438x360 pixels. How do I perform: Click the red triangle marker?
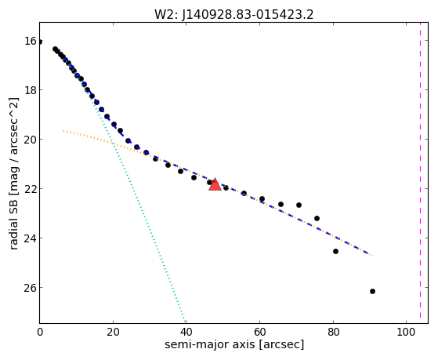click(x=215, y=184)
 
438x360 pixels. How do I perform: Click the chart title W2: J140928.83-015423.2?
click(x=234, y=15)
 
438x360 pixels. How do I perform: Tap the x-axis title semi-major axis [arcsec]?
click(x=234, y=344)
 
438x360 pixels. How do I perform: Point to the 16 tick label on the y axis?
click(x=31, y=41)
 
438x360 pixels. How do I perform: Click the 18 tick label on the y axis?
click(x=31, y=90)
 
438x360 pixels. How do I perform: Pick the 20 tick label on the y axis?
click(x=31, y=140)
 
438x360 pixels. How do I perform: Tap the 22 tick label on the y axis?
click(x=31, y=189)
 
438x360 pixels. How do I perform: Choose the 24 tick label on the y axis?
click(x=31, y=238)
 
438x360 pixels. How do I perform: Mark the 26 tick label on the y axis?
click(x=31, y=288)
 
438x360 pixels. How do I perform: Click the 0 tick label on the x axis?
click(x=40, y=332)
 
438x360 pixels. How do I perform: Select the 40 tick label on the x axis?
click(x=186, y=332)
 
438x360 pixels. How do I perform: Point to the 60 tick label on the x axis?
click(x=260, y=332)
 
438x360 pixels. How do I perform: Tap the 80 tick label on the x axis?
click(x=333, y=332)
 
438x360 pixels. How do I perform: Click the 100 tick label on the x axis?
click(x=406, y=332)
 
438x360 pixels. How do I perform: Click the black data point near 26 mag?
click(x=372, y=292)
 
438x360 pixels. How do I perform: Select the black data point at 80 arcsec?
click(x=336, y=252)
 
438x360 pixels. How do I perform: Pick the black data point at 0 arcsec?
click(x=40, y=42)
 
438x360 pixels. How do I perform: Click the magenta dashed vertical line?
click(x=420, y=173)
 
